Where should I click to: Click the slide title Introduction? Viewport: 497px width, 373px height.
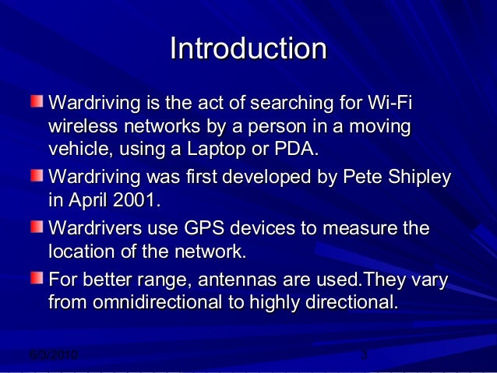point(248,49)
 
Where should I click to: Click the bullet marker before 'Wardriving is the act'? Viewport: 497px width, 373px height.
point(37,101)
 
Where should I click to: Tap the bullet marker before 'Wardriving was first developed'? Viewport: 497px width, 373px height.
point(37,176)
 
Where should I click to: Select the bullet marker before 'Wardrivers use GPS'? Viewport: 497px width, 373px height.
point(37,227)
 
